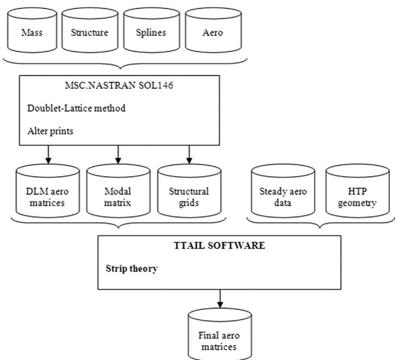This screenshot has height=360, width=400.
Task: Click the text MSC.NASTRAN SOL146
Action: pyautogui.click(x=119, y=85)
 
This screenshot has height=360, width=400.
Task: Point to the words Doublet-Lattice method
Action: pyautogui.click(x=76, y=108)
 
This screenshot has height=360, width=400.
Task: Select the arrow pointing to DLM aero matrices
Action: pyautogui.click(x=48, y=154)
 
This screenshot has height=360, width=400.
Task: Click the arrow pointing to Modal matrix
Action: pyautogui.click(x=118, y=154)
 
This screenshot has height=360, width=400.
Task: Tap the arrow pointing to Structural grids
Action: pyautogui.click(x=189, y=154)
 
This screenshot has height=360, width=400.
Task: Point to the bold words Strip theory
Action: pyautogui.click(x=131, y=269)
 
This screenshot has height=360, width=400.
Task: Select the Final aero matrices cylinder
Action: pyautogui.click(x=220, y=336)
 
